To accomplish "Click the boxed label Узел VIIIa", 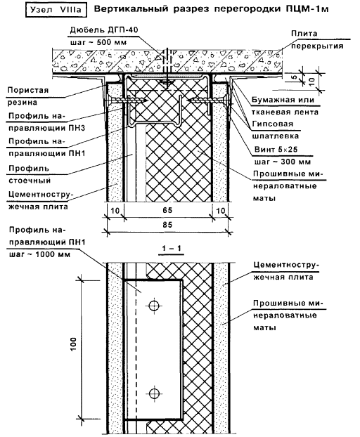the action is click(56, 10).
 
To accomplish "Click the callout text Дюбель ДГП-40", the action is click(104, 30).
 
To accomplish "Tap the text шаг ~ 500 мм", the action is click(98, 42).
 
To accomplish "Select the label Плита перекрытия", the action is click(317, 39).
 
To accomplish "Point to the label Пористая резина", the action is click(28, 96).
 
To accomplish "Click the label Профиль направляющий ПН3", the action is click(46, 122).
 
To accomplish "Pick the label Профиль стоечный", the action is click(30, 174).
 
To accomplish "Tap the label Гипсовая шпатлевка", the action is click(275, 130).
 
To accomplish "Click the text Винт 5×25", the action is click(276, 150).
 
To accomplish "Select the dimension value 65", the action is click(167, 210).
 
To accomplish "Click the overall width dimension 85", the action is click(167, 225).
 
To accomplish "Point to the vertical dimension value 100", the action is click(73, 344).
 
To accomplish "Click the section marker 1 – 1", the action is click(172, 248).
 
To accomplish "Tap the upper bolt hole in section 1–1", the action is click(154, 306).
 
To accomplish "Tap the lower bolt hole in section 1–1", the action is click(154, 393).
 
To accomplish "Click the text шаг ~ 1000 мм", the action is click(39, 254).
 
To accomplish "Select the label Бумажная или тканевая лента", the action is click(285, 106).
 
